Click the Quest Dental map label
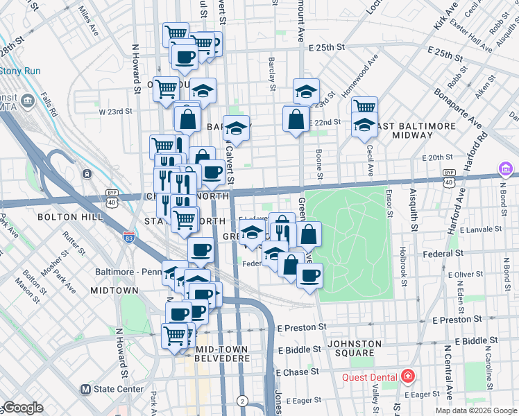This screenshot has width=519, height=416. [x=369, y=378]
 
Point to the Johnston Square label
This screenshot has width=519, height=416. [x=355, y=349]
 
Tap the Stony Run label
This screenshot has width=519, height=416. [x=20, y=71]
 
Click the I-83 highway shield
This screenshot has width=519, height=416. [x=127, y=236]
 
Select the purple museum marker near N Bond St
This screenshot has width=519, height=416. [x=505, y=169]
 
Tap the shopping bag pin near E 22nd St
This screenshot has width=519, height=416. [x=296, y=119]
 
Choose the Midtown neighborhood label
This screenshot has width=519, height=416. [x=112, y=288]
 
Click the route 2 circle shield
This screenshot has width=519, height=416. [x=242, y=401]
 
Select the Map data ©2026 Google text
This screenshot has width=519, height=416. [x=475, y=410]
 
